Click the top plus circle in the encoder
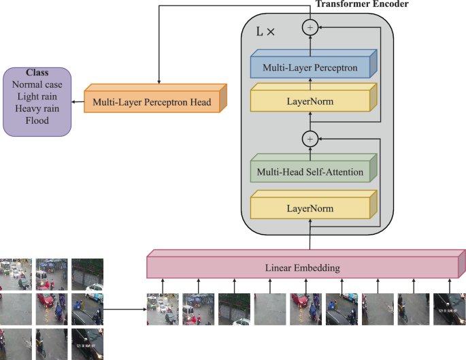coord(311,27)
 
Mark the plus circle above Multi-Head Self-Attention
coord(310,138)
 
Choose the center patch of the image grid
coord(52,308)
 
